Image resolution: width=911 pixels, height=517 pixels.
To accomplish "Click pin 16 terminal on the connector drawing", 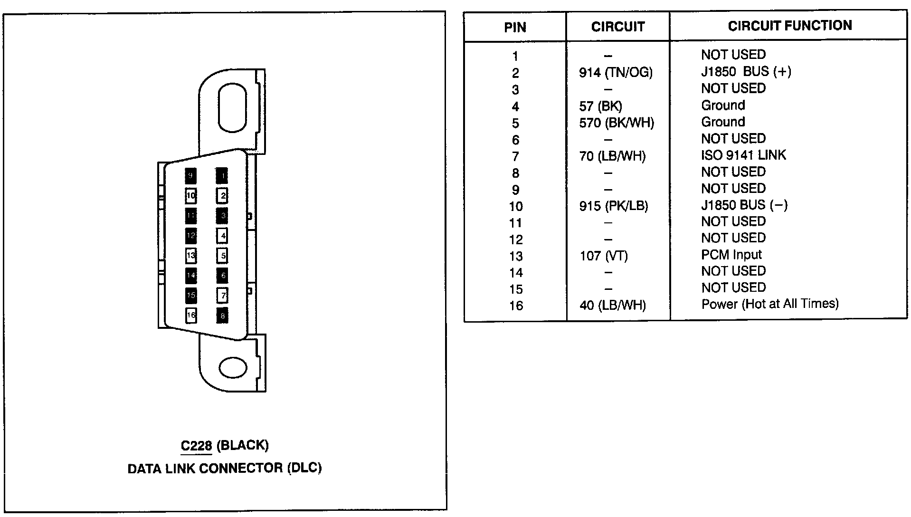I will click(x=191, y=315).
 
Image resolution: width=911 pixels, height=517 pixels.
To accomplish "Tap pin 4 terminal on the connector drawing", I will click(x=222, y=236).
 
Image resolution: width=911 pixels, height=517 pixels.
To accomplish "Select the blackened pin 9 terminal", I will click(x=190, y=175).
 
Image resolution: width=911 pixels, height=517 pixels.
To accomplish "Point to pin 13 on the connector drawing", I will click(x=191, y=256).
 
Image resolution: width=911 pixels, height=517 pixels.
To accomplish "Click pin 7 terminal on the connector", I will click(x=222, y=296).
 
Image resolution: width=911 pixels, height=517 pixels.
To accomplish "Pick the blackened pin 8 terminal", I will click(x=222, y=316).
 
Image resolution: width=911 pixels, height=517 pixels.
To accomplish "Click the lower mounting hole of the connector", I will click(x=233, y=368).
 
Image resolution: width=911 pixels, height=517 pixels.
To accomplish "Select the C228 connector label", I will click(x=196, y=446).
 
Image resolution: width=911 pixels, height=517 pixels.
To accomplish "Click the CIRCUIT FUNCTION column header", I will click(x=789, y=26).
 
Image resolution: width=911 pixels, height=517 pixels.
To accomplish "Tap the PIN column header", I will click(x=515, y=27).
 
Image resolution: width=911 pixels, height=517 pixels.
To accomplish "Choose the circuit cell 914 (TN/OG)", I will click(x=616, y=72).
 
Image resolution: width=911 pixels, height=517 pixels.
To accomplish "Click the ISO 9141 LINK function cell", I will click(x=743, y=155).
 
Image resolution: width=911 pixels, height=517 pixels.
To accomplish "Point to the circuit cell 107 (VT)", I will click(x=603, y=256).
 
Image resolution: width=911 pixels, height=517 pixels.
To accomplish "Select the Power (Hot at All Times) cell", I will click(x=769, y=304).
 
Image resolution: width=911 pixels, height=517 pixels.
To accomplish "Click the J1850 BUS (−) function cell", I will click(x=744, y=205).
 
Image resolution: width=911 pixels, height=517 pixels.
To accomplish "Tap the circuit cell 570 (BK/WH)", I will click(x=616, y=123).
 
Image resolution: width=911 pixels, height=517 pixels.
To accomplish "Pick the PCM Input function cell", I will click(x=731, y=255).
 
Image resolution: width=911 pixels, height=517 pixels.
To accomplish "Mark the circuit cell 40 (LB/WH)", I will click(x=612, y=305).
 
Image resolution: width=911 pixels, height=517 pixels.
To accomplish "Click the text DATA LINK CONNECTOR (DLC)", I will click(x=225, y=469).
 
